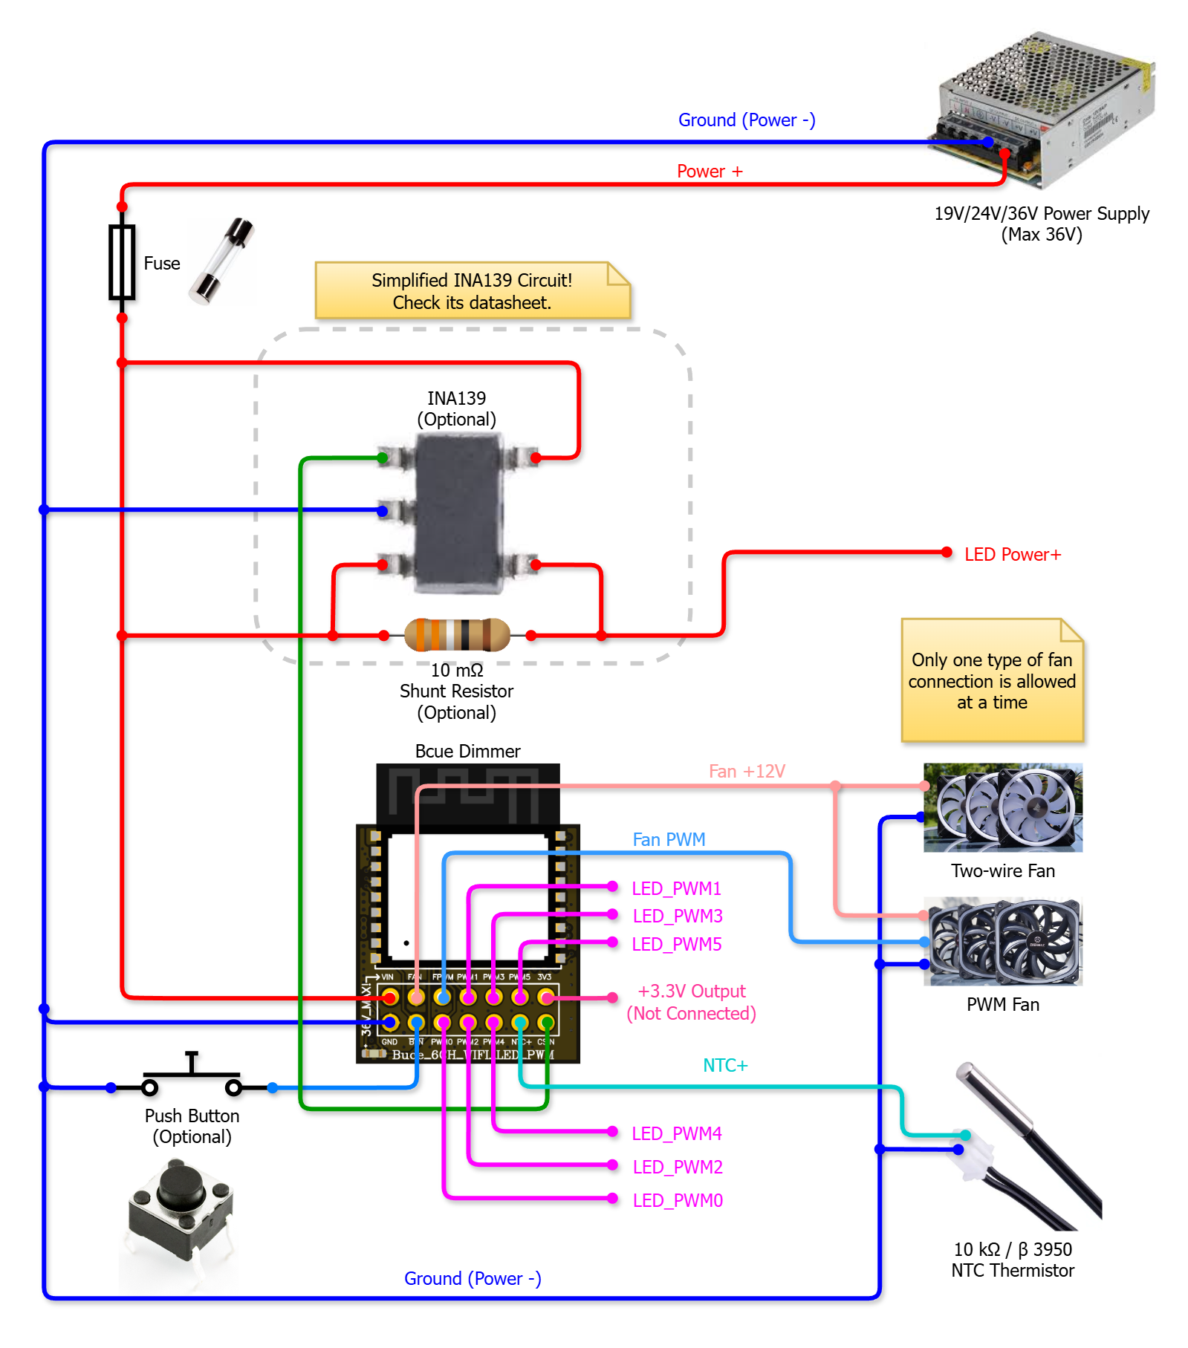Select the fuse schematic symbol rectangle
click(x=122, y=262)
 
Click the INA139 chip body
click(x=459, y=512)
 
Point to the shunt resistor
click(x=457, y=635)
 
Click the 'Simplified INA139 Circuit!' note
click(x=472, y=291)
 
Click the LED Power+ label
click(x=1012, y=555)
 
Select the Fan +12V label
click(x=747, y=772)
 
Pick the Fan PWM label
click(x=669, y=840)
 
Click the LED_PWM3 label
click(x=677, y=916)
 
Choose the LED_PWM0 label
click(x=677, y=1201)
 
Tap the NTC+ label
click(x=725, y=1066)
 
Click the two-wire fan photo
click(x=1003, y=808)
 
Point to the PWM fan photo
click(x=1003, y=942)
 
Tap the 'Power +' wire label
click(x=710, y=172)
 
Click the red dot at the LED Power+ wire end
click(x=947, y=552)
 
